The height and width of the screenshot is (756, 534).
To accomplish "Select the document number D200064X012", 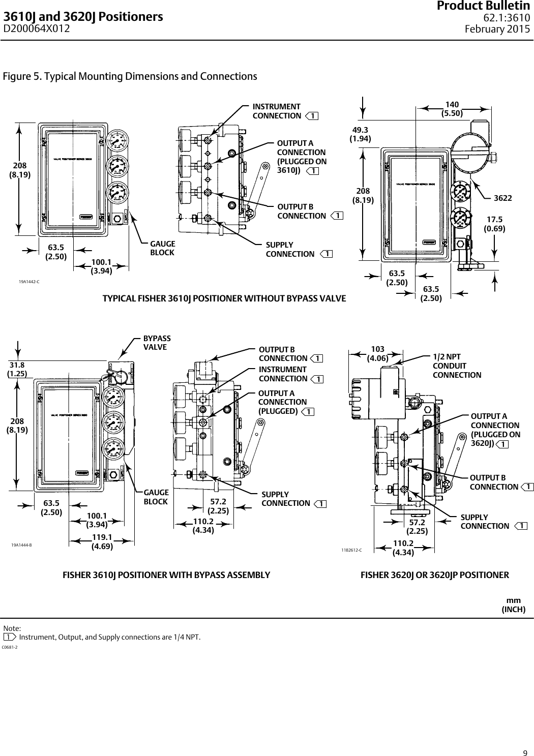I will (x=37, y=29).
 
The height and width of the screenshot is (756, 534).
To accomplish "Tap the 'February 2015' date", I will (x=497, y=29).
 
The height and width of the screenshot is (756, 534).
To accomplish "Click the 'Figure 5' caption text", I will (x=130, y=77).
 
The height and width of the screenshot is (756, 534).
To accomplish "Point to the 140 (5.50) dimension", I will (x=452, y=109).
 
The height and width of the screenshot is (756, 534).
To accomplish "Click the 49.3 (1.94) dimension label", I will (x=360, y=134).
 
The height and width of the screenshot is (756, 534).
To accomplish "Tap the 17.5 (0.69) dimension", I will (x=494, y=224).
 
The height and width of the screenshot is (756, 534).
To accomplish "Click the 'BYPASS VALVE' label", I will (x=157, y=343).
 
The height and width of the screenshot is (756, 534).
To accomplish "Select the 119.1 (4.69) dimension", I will (x=102, y=542).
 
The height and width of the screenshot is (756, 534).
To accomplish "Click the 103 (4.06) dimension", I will (x=377, y=353).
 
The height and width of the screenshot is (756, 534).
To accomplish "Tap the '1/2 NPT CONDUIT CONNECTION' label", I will (x=456, y=366).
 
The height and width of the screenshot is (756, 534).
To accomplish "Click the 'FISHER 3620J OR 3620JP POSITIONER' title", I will (x=434, y=575).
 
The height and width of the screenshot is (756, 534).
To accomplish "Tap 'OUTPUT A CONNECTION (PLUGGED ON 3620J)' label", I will (x=495, y=430).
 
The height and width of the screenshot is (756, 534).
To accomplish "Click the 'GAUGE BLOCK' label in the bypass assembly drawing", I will (x=156, y=497).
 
